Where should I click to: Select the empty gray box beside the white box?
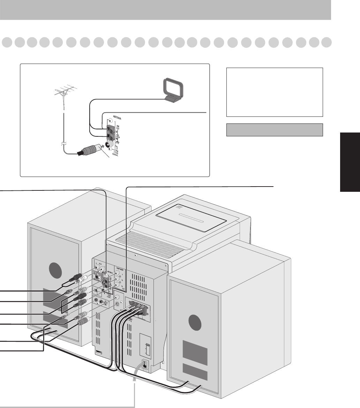click(274, 129)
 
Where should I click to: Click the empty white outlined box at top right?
click(275, 92)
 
